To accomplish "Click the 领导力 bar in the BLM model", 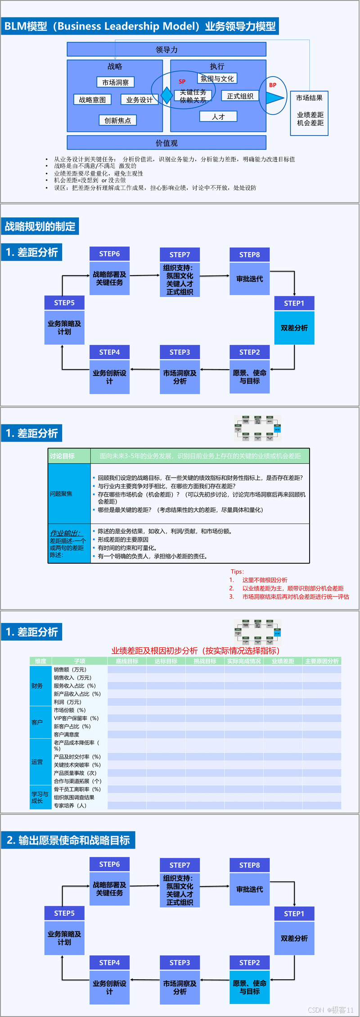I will [166, 50].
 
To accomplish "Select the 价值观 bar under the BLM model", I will [166, 143].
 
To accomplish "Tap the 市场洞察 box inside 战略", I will [115, 82].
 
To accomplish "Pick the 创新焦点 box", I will [117, 120].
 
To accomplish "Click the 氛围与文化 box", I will [217, 79].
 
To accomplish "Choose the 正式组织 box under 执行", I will [240, 96].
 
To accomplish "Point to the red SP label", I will [182, 81].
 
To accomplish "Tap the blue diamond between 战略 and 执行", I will [166, 95].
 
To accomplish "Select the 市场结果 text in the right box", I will [309, 98].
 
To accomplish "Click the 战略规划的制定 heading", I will [40, 226].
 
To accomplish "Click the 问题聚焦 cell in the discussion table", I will [61, 494].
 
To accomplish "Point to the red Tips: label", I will [237, 571].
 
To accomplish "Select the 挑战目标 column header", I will [205, 661].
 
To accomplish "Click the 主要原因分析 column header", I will [322, 661].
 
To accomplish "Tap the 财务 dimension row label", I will [37, 686].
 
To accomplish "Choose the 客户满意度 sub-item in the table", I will [67, 734].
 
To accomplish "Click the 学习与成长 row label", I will [40, 797].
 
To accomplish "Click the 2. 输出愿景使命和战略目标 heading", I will [68, 840].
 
